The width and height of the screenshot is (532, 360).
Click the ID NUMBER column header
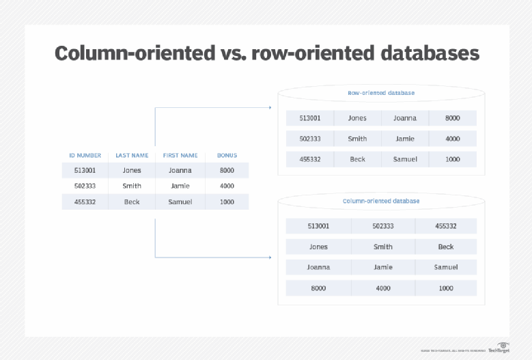[85, 155]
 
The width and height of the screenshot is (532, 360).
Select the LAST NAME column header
[132, 155]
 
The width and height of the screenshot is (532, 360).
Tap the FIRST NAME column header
[180, 155]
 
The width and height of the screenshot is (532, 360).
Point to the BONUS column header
[227, 155]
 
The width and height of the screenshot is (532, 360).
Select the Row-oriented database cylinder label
[381, 93]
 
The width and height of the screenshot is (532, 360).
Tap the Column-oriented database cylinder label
[381, 202]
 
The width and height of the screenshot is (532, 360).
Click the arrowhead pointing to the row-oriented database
[270, 107]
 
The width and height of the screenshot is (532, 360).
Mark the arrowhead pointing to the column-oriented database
[270, 258]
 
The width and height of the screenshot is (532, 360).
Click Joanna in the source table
[180, 170]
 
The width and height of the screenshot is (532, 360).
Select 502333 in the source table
[85, 186]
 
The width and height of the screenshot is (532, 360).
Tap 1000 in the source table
[227, 202]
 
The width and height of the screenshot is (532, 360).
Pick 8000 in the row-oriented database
[453, 118]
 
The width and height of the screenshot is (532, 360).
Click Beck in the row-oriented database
[357, 159]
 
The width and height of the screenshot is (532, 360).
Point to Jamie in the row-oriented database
[405, 139]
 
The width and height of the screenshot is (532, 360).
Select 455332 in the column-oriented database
[446, 226]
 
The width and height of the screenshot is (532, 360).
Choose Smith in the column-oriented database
[383, 247]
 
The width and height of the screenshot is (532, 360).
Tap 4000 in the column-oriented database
[383, 288]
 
